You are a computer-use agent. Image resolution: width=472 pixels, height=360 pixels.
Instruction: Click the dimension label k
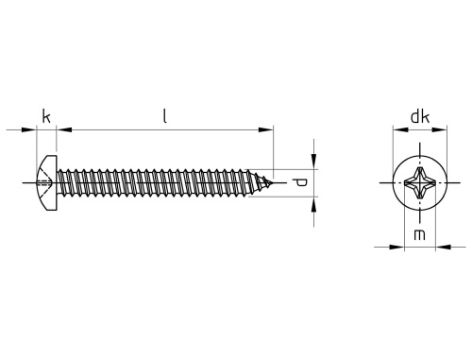46,117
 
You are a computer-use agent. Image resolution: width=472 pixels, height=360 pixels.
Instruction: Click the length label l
164,116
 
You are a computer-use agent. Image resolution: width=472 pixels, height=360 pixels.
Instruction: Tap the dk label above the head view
420,117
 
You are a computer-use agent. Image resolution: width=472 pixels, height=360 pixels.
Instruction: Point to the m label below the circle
419,235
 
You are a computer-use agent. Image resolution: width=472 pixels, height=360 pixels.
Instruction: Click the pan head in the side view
47,182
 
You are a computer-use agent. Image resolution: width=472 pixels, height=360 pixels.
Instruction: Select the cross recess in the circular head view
420,182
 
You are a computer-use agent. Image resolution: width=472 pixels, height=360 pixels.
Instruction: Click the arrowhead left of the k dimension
28,129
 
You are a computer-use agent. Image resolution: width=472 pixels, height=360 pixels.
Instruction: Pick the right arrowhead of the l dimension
265,129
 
